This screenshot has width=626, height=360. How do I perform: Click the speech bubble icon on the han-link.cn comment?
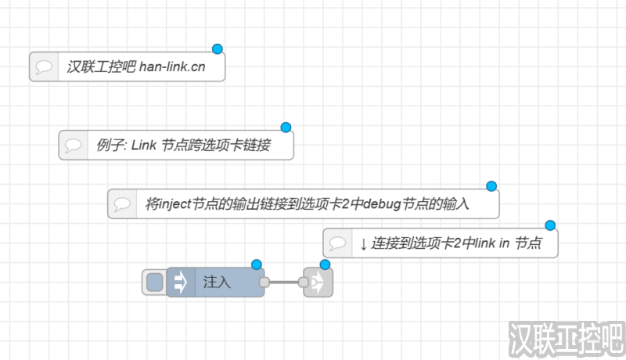coord(45,67)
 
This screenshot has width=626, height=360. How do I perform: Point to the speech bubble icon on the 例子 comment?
coord(74,146)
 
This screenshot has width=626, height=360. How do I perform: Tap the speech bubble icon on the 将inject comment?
coord(122,204)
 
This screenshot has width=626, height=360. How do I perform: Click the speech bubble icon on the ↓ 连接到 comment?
coord(338,243)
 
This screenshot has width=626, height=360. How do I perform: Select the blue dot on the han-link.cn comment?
coord(218,49)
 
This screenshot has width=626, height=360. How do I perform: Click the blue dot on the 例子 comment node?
coord(286,127)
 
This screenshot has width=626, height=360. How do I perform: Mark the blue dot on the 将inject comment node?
coord(491,185)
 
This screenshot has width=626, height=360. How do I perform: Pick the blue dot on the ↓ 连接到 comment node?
coord(550,225)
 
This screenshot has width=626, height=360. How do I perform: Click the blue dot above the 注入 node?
coord(256,265)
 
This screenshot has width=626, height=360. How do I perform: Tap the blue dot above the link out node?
coord(326,265)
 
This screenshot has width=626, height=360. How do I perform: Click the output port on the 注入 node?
coord(264,283)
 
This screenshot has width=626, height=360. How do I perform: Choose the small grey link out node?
coord(319,283)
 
